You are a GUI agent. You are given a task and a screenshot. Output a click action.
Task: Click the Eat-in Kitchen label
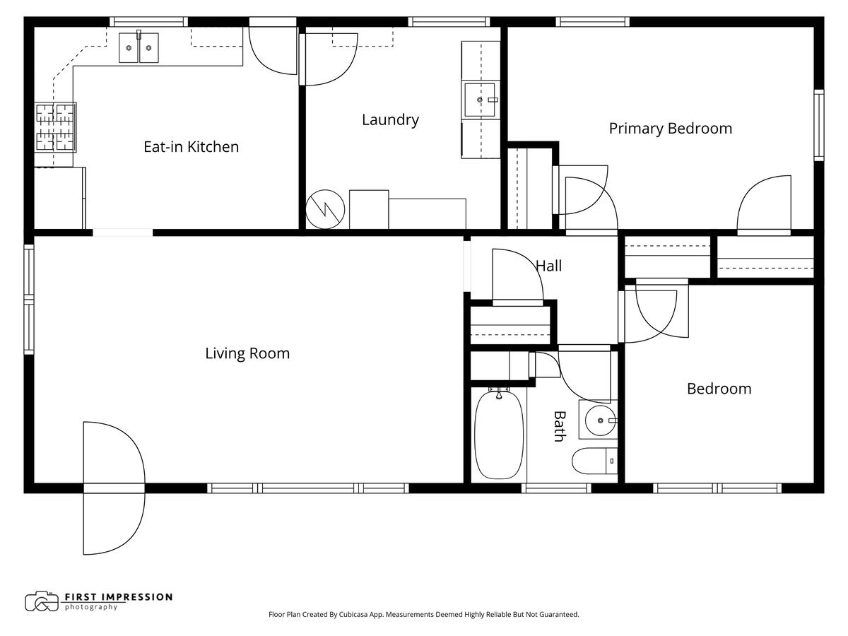pyautogui.click(x=192, y=147)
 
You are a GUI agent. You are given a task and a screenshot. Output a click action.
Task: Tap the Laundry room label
pyautogui.click(x=390, y=120)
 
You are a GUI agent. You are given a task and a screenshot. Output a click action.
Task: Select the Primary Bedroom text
pyautogui.click(x=671, y=129)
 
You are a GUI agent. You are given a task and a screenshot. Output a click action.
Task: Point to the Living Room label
pyautogui.click(x=247, y=353)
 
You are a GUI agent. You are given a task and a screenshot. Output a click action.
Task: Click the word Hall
pyautogui.click(x=548, y=266)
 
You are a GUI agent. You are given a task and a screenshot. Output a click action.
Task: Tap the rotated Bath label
pyautogui.click(x=560, y=426)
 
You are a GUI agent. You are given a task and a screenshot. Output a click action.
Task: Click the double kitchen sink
pyautogui.click(x=139, y=47)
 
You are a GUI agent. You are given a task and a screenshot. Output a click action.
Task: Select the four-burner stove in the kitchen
pyautogui.click(x=55, y=127)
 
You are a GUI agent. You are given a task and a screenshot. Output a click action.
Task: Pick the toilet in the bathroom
pyautogui.click(x=594, y=461)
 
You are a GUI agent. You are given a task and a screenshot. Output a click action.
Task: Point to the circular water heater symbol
pyautogui.click(x=325, y=209)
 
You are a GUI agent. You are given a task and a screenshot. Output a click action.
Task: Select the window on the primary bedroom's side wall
pyautogui.click(x=818, y=125)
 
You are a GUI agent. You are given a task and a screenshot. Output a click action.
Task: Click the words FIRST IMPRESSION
pyautogui.click(x=119, y=597)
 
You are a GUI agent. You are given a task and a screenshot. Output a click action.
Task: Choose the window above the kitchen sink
pyautogui.click(x=148, y=22)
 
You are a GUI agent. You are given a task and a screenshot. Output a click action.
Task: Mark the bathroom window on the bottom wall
pyautogui.click(x=556, y=488)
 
